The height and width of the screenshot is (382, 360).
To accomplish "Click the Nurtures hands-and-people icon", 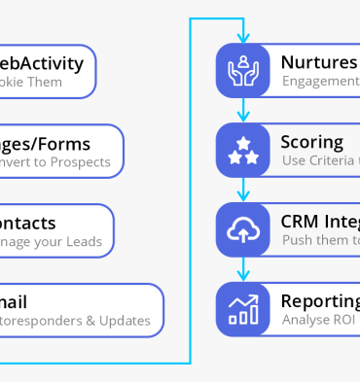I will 241,70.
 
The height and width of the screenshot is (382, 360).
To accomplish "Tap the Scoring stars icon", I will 241,150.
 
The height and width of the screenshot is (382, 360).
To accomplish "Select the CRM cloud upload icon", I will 241,228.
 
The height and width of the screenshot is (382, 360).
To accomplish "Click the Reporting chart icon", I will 241,308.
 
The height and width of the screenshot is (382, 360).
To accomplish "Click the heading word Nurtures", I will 318,62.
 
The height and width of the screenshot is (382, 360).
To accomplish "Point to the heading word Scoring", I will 311,142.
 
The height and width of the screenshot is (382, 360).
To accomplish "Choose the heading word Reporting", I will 319,300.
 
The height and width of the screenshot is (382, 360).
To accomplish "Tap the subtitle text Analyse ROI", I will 318,320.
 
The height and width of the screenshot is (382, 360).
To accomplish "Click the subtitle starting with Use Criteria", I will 320,160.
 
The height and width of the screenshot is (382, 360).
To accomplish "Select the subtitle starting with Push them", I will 320,240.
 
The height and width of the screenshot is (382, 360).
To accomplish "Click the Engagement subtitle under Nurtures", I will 320,82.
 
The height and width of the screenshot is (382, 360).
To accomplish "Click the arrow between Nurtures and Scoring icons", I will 241,111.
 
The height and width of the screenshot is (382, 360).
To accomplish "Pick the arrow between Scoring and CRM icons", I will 241,190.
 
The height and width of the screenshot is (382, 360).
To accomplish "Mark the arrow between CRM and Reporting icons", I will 241,269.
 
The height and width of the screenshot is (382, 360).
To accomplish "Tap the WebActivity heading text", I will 42,63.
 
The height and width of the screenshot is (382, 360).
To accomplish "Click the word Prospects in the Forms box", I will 81,162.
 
